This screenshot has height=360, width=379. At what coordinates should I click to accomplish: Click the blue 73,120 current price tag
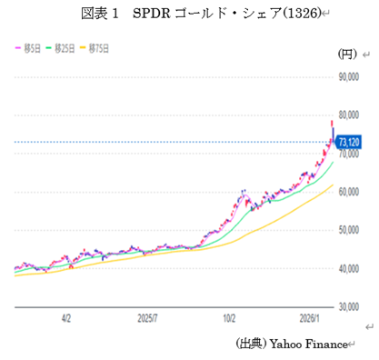coord(349,142)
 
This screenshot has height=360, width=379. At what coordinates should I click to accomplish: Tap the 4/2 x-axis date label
coord(65,320)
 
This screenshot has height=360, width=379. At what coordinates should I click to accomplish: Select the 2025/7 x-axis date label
coord(149,320)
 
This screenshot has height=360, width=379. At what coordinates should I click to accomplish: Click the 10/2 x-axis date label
coord(229,320)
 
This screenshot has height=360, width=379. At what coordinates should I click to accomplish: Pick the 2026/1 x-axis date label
coord(312,320)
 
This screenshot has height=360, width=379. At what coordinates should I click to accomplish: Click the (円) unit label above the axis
coord(348,54)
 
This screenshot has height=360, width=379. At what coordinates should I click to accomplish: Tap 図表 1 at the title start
coord(102,15)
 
